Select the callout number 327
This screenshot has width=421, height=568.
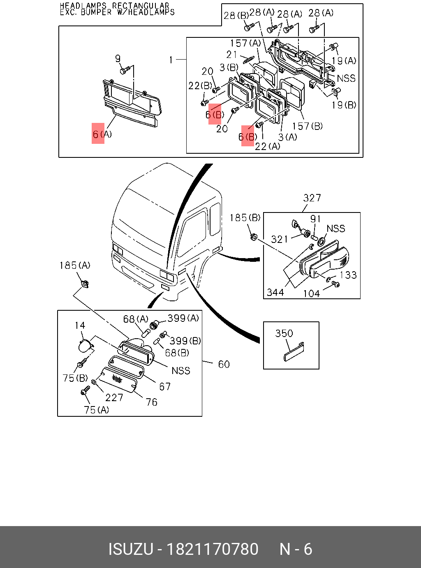tap(312, 198)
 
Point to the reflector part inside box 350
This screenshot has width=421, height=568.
tap(294, 351)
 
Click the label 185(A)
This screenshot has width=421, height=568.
tap(74, 266)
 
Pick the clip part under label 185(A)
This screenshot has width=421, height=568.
tap(85, 283)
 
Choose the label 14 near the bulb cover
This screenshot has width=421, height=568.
tap(80, 326)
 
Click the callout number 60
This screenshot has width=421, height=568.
tap(224, 364)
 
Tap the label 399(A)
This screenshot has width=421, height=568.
tap(183, 318)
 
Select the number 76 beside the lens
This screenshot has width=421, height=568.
tap(151, 402)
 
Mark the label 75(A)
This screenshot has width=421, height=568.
tap(96, 410)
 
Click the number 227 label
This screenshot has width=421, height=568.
tap(114, 397)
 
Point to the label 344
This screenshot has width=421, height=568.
tap(275, 292)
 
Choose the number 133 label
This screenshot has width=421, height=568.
tap(348, 275)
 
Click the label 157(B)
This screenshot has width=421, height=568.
tap(307, 126)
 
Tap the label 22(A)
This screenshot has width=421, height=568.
tap(267, 146)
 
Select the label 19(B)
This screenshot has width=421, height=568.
tap(344, 105)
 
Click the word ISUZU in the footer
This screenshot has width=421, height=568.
tap(130, 549)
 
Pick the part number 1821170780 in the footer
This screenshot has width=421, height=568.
tap(212, 549)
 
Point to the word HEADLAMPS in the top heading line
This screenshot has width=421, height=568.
tap(83, 6)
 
